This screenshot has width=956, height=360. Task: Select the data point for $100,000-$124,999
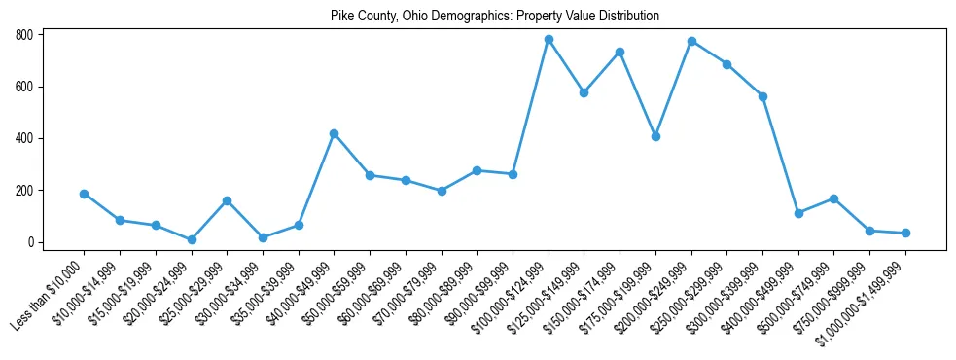pyautogui.click(x=549, y=40)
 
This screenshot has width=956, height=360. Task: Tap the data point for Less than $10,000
pyautogui.click(x=84, y=194)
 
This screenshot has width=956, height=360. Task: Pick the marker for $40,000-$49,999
pyautogui.click(x=334, y=133)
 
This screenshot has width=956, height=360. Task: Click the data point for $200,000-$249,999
pyautogui.click(x=691, y=41)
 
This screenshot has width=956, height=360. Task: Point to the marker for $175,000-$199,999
pyautogui.click(x=655, y=136)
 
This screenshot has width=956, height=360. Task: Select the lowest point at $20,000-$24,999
pyautogui.click(x=192, y=239)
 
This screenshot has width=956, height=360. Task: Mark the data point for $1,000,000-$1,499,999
pyautogui.click(x=905, y=233)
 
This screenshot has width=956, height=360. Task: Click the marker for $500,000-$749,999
pyautogui.click(x=834, y=198)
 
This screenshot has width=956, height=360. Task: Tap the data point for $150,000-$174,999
pyautogui.click(x=620, y=52)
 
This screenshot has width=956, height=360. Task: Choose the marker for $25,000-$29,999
pyautogui.click(x=227, y=200)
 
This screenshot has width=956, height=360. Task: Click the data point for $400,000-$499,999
pyautogui.click(x=798, y=213)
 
